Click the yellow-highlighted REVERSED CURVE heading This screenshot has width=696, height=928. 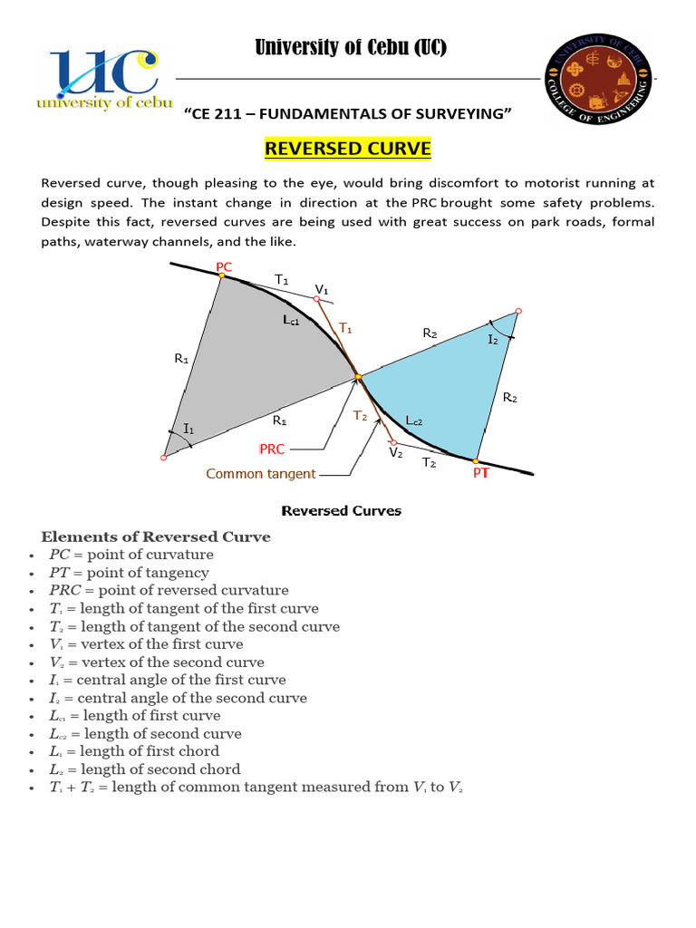(x=347, y=148)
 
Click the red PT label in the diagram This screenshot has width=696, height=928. (x=480, y=473)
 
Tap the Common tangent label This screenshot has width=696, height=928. (x=261, y=473)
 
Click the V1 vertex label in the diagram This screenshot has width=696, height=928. (x=322, y=289)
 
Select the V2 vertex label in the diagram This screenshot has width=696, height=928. (x=396, y=452)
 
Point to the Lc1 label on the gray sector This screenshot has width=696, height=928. (x=290, y=321)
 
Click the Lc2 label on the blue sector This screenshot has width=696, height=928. (x=414, y=420)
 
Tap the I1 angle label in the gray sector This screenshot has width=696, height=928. (x=188, y=428)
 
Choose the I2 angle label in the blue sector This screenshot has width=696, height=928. (x=493, y=339)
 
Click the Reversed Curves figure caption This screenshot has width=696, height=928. (x=341, y=510)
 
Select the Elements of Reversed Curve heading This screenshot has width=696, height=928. (x=155, y=536)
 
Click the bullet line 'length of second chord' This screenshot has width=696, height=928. (x=145, y=769)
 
